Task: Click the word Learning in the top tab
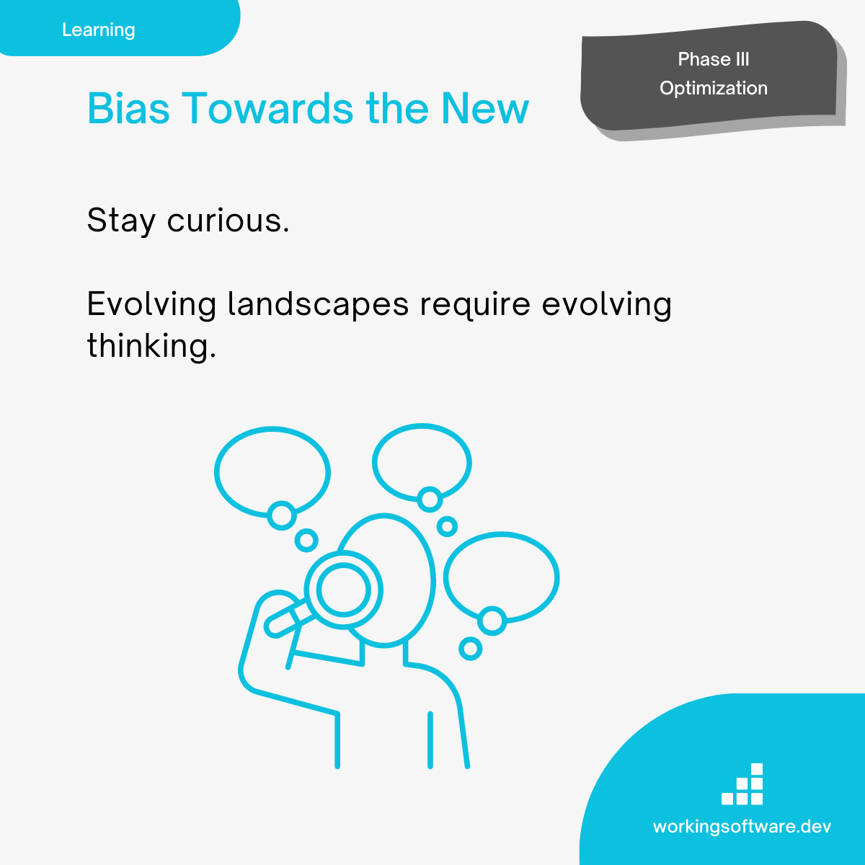[x=98, y=30]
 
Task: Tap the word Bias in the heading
[x=128, y=108]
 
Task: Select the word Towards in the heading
[x=267, y=108]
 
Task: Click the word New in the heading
[x=485, y=108]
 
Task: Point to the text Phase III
[x=714, y=59]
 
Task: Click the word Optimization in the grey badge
[x=714, y=89]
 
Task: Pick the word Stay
[x=121, y=221]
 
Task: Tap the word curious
[x=228, y=221]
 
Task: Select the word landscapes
[x=319, y=305]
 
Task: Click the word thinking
[x=151, y=346]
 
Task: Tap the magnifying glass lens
[x=343, y=590]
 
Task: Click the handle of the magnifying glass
[x=288, y=618]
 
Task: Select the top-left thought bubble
[x=272, y=472]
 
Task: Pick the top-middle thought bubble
[x=422, y=462]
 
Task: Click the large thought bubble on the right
[x=502, y=577]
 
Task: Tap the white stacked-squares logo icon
[x=742, y=784]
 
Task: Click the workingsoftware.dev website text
[x=742, y=826]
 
